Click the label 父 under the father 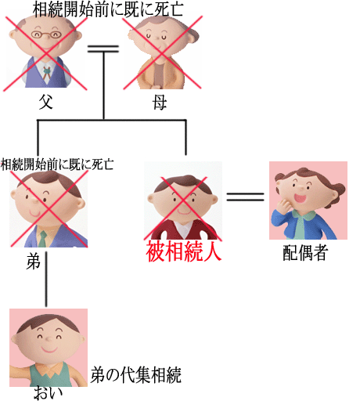point(46,102)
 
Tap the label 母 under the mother point(160,102)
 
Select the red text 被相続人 point(184,251)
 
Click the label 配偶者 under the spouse point(304,253)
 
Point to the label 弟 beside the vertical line point(33,262)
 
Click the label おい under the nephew point(49,393)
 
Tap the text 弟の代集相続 point(135,375)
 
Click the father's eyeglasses point(45,34)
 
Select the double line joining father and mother point(103,49)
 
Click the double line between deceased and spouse point(245,197)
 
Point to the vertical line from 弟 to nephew point(46,279)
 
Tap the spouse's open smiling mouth point(301,198)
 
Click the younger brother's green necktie point(42,239)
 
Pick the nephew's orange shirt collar point(49,370)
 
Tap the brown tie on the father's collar point(46,73)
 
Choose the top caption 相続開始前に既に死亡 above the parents point(108,9)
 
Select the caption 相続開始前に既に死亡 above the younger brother point(57,164)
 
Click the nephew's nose point(49,339)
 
